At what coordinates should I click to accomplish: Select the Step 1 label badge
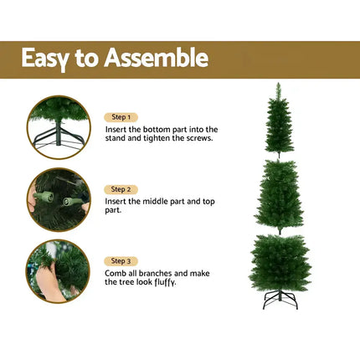121,118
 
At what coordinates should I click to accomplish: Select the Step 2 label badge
121,190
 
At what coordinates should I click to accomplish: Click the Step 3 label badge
121,261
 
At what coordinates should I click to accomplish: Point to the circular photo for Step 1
59,126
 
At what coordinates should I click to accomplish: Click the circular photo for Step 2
59,199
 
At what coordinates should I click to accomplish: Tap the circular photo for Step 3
59,270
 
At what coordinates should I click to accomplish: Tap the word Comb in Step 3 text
116,273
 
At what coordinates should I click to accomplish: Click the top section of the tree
279,126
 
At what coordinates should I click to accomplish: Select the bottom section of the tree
280,261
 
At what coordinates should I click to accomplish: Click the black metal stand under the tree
280,300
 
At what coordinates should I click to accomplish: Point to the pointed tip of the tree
279,85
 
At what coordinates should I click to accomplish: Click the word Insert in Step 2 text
118,202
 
